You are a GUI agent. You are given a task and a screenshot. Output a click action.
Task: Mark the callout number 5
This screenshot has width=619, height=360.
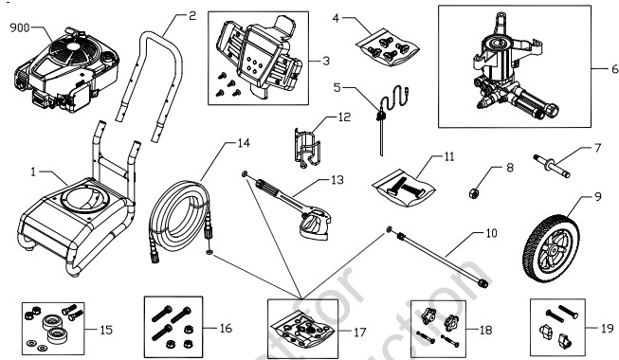coord(337,85)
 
